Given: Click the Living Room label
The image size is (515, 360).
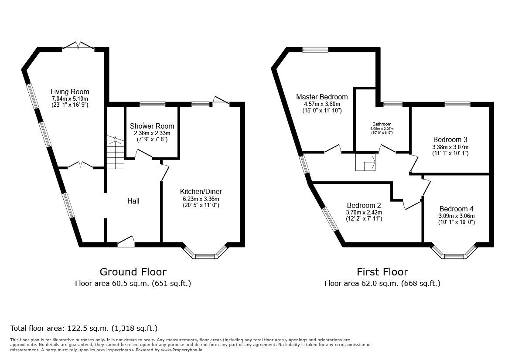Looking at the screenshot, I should tap(70, 92).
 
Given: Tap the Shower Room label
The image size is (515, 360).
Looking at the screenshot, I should tap(152, 126).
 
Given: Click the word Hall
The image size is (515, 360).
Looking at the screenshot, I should tap(133, 201).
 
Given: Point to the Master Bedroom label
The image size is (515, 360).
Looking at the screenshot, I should tap(322, 97).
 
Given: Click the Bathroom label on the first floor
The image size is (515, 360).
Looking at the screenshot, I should tap(382, 124).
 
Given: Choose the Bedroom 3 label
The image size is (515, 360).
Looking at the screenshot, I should tap(450, 139).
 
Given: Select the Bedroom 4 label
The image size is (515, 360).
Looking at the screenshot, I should tap(457, 208).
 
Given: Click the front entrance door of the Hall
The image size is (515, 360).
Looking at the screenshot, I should tap(126, 242).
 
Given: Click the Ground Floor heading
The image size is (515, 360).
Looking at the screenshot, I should tap(133, 272).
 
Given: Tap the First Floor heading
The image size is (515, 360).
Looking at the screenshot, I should tap(382, 272).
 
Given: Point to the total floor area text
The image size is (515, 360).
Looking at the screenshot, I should tap(84, 328).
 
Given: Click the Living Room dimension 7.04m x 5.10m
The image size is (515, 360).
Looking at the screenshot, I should tap(70, 98).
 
